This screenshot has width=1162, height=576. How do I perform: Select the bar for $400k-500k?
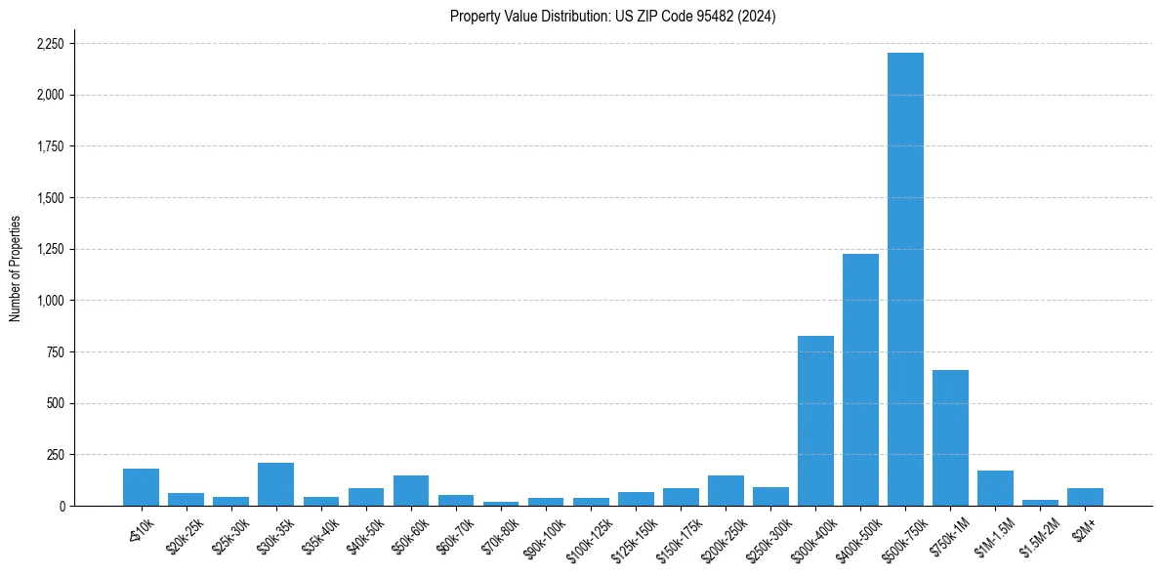[x=860, y=380]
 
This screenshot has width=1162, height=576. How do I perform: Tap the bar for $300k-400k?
[x=815, y=421]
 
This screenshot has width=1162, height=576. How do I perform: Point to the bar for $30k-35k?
[x=275, y=484]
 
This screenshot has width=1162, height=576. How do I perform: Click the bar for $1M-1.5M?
[x=995, y=488]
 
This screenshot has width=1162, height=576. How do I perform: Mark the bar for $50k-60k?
[x=410, y=491]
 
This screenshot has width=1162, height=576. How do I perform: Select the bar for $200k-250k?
[x=726, y=491]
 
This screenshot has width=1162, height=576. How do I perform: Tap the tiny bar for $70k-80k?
[x=500, y=504]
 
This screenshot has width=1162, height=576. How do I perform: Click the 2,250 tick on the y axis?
[x=50, y=44]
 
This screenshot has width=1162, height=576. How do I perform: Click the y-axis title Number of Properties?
[x=15, y=268]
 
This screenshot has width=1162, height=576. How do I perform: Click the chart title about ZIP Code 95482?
[x=612, y=17]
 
